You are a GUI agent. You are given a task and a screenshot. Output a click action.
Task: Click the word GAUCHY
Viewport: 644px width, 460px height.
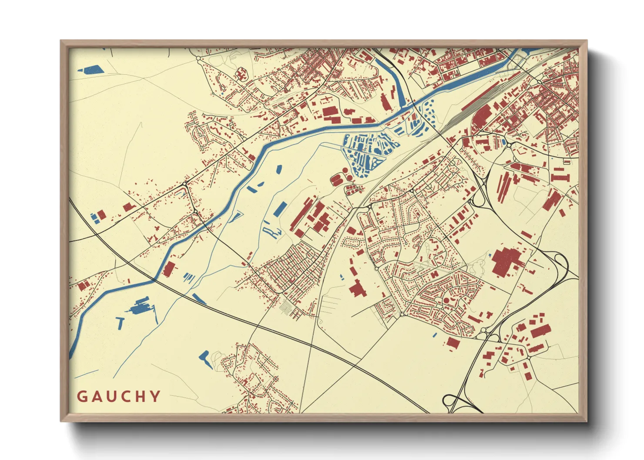click(x=118, y=397)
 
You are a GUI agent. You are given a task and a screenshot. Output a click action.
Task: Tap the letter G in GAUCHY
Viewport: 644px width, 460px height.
click(x=82, y=397)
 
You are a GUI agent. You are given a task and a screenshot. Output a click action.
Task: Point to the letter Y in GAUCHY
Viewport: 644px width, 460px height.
click(x=155, y=397)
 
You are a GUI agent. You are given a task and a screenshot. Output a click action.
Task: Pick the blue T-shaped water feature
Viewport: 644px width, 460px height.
click(x=120, y=322)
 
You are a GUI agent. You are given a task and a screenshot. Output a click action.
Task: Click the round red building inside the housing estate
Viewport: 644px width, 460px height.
click(x=446, y=300)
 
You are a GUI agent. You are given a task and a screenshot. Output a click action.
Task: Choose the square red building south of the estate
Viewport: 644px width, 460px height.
click(x=453, y=343)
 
